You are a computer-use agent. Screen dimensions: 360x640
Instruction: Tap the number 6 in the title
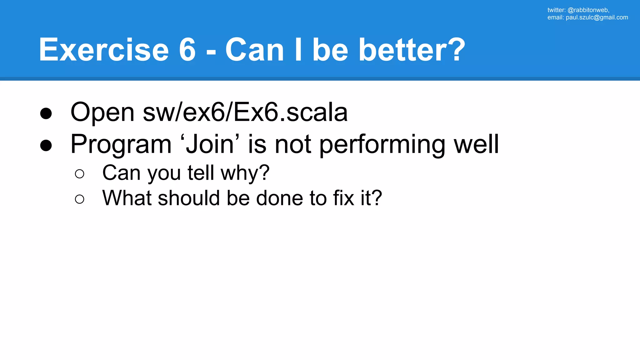click(x=187, y=50)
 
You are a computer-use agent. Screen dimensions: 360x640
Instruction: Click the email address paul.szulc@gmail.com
click(x=597, y=17)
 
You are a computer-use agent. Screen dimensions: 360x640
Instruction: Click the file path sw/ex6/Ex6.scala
click(x=245, y=112)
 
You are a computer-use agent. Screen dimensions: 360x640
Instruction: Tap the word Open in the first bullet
click(x=102, y=112)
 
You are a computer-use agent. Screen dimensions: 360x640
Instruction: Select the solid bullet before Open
click(x=46, y=113)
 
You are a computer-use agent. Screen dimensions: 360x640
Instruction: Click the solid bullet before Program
click(x=46, y=145)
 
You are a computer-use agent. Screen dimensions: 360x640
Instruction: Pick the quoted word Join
click(x=210, y=144)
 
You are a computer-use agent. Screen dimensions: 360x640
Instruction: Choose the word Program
click(x=121, y=144)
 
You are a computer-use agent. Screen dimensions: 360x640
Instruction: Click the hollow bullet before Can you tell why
click(x=80, y=174)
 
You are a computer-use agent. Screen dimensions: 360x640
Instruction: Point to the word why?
click(x=245, y=173)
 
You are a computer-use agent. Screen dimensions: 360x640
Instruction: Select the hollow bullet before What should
click(x=80, y=199)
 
